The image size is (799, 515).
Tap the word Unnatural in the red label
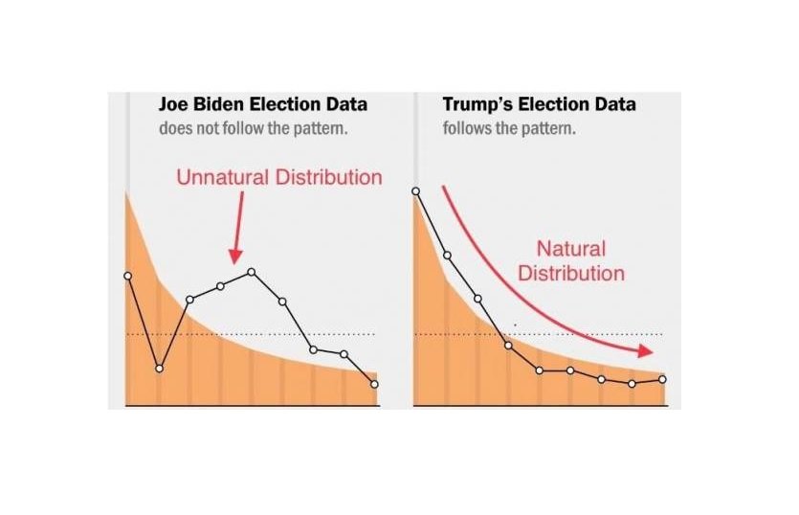pos(223,177)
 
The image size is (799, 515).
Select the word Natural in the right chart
pos(570,249)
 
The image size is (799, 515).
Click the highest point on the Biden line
pos(252,272)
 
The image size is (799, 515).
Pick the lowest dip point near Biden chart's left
pos(159,369)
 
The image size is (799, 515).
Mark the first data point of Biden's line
pos(128,276)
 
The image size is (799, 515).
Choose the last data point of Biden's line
pos(374,384)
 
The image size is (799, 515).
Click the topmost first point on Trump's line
pos(416,191)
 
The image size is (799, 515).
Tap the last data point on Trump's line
pos(662,379)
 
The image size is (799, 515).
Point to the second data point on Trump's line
pos(447,256)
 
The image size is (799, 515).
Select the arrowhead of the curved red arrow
pos(646,350)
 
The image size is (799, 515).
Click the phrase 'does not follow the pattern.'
pos(254,128)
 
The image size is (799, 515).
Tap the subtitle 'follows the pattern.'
pos(509,128)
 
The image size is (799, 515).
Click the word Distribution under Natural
pos(571,274)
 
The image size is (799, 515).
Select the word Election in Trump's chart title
pos(550,104)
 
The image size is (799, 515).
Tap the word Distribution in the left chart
pos(328,177)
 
